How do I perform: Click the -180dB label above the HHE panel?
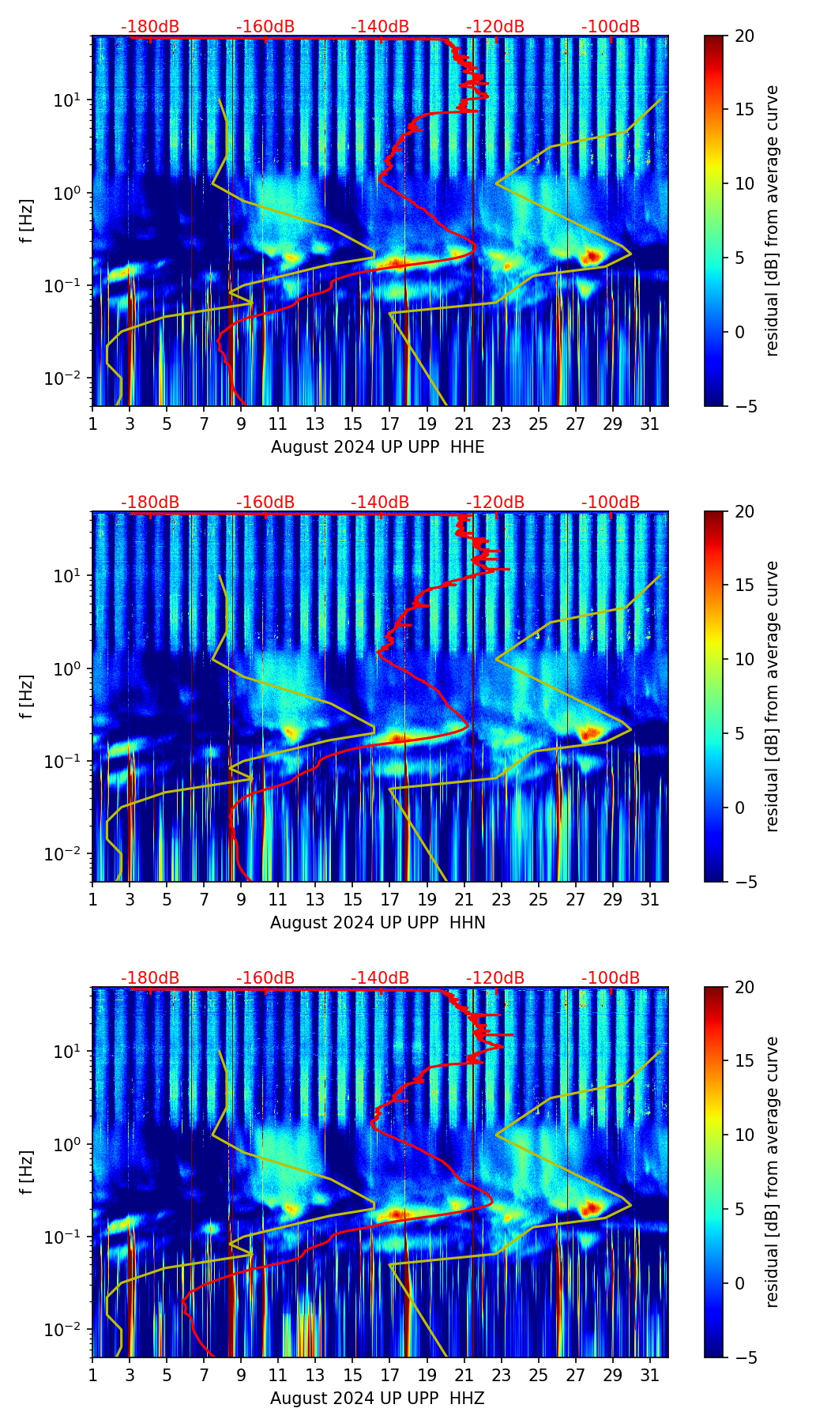[x=150, y=27]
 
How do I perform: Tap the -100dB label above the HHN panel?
[x=611, y=503]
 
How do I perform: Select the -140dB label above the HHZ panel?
[x=380, y=978]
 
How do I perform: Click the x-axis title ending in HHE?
[x=378, y=447]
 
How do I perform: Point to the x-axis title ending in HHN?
[x=378, y=923]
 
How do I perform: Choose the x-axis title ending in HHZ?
[x=378, y=1399]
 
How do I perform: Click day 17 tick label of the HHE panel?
[x=390, y=424]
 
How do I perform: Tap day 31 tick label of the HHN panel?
[x=650, y=899]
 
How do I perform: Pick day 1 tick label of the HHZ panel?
[x=93, y=1375]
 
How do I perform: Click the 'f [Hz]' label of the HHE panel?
[x=28, y=220]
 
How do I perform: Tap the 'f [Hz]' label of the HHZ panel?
[x=28, y=1172]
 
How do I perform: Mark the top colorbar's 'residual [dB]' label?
[x=773, y=220]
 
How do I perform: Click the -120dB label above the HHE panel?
[x=495, y=27]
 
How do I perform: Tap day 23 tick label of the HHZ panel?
[x=502, y=1375]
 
